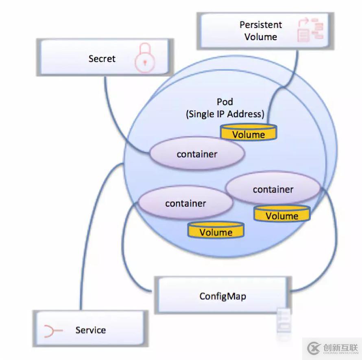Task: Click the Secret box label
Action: (x=102, y=59)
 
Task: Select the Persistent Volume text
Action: (x=260, y=31)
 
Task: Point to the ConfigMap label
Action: (x=222, y=296)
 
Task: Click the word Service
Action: (x=90, y=330)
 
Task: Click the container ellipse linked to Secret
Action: (x=197, y=154)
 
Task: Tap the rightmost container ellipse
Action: (x=273, y=189)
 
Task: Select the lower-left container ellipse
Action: (x=185, y=203)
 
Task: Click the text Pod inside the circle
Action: (x=225, y=102)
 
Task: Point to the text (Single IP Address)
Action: (x=225, y=114)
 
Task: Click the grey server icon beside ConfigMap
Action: (x=284, y=320)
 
